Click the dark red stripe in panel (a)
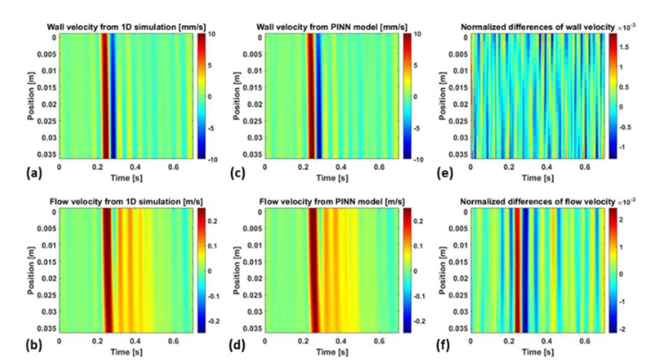(x=106, y=94)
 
